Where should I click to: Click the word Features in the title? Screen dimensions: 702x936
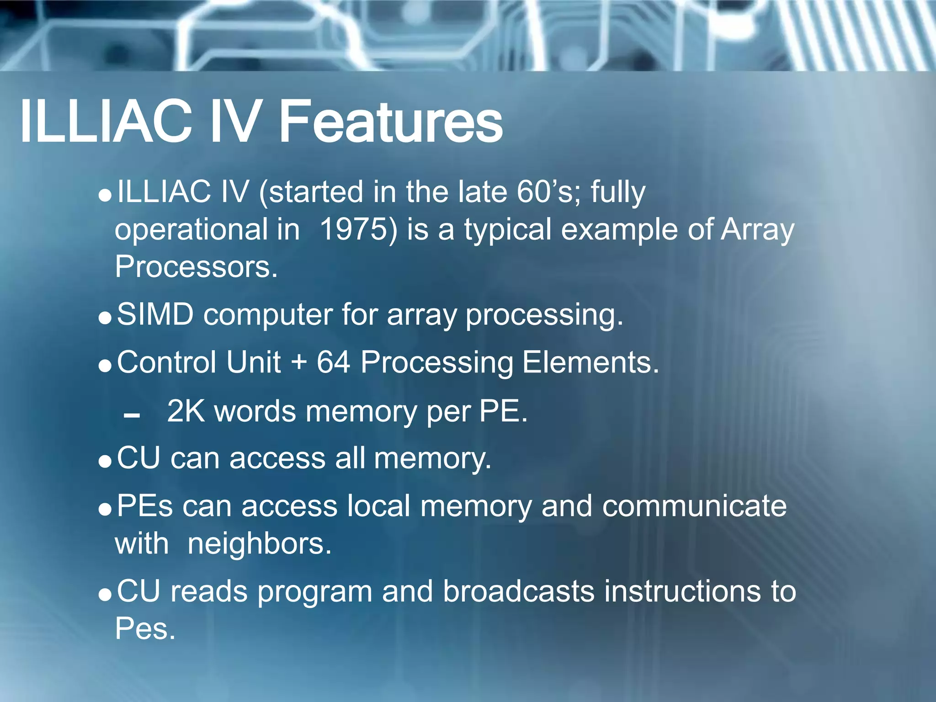pyautogui.click(x=391, y=122)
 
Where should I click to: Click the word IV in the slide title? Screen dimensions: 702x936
pyautogui.click(x=236, y=122)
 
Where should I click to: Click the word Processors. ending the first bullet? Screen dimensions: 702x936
pyautogui.click(x=196, y=266)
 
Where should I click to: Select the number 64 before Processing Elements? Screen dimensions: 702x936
pyautogui.click(x=334, y=362)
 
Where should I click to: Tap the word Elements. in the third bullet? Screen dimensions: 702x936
pyautogui.click(x=590, y=362)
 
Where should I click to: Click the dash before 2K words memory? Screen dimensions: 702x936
pyautogui.click(x=132, y=415)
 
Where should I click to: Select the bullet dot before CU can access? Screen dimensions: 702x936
pyautogui.click(x=105, y=462)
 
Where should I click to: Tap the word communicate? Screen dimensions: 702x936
pyautogui.click(x=694, y=506)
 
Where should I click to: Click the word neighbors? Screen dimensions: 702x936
pyautogui.click(x=259, y=544)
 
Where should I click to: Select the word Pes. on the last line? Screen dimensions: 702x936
pyautogui.click(x=145, y=629)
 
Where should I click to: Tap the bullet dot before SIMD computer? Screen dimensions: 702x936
pyautogui.click(x=105, y=318)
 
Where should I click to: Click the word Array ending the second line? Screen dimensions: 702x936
pyautogui.click(x=757, y=230)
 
